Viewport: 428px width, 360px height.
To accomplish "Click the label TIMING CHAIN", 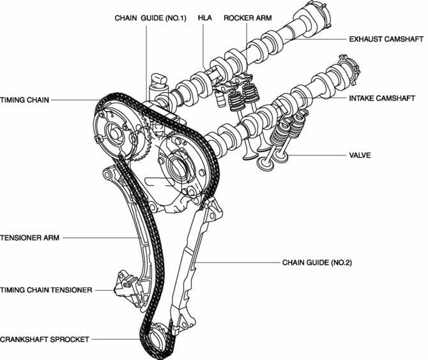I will click(x=24, y=100).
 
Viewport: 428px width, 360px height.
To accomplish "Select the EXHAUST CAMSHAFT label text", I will click(x=385, y=40).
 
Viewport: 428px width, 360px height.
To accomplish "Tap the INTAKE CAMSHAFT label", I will click(x=382, y=100).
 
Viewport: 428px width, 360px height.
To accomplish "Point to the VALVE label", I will click(x=360, y=155).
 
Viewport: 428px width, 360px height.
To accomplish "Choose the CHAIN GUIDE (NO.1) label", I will click(x=150, y=18).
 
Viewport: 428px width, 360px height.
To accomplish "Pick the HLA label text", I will click(x=204, y=18).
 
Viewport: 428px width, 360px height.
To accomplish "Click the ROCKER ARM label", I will click(x=249, y=18).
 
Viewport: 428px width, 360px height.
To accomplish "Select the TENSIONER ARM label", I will click(x=29, y=237).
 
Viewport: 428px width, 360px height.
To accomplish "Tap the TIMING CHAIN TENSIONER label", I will click(x=46, y=290).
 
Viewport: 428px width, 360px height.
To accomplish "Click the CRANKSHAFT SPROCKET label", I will click(x=44, y=339).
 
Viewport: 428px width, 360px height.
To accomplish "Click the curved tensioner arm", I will click(x=138, y=237).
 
